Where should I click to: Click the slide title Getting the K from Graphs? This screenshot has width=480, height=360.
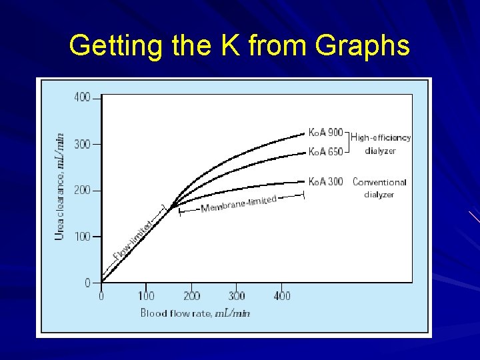tap(239, 46)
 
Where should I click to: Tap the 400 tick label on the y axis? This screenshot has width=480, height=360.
tap(82, 97)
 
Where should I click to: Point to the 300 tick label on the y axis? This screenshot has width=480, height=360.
tap(82, 144)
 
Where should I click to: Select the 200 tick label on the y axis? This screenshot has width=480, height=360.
tap(82, 191)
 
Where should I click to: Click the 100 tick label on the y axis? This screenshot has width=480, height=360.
tap(82, 237)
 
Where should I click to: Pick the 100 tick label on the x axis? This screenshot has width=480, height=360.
tap(146, 295)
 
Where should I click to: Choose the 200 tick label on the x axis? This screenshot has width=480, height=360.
tap(191, 295)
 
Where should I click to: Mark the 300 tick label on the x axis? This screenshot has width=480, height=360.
tap(237, 295)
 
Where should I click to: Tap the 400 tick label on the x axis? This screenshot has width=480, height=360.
tap(282, 295)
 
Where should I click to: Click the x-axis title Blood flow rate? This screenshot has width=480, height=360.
tap(195, 313)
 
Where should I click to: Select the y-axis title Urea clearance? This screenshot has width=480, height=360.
tap(59, 186)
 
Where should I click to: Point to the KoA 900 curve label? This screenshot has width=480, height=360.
tap(325, 133)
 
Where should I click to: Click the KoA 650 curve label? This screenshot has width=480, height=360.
tap(325, 152)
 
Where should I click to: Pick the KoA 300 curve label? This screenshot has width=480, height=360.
tap(325, 181)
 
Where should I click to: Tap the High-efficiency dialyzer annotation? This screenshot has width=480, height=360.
tap(381, 144)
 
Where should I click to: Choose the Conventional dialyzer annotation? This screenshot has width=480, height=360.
tap(379, 188)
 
